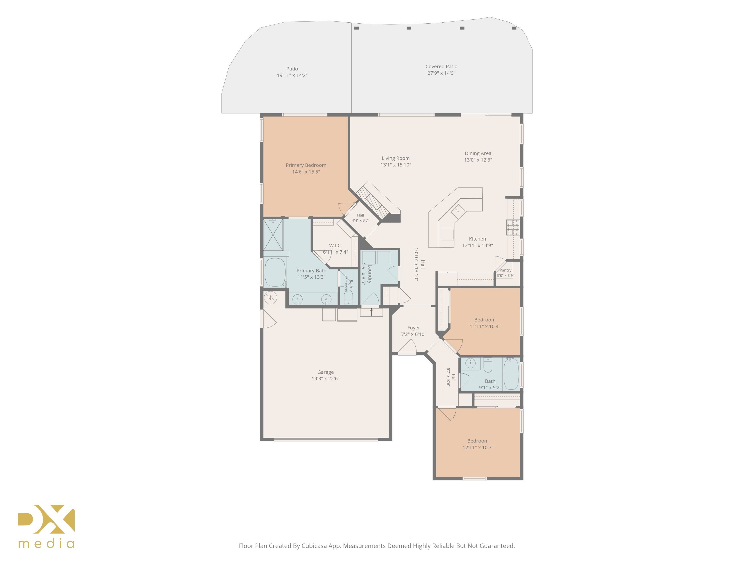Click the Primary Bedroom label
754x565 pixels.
[306, 165]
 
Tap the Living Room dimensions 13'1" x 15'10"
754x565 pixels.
[396, 165]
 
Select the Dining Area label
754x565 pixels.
[478, 153]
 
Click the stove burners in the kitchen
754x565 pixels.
[513, 228]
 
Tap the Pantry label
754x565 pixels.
[505, 270]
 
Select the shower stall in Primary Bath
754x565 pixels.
[273, 235]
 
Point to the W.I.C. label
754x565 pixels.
[336, 246]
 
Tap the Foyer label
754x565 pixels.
[413, 328]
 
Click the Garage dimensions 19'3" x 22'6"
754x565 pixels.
[325, 378]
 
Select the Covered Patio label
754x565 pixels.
[441, 66]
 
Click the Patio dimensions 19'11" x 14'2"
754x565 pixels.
[292, 75]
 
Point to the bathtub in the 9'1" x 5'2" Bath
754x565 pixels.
[511, 374]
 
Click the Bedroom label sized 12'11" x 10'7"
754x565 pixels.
[478, 441]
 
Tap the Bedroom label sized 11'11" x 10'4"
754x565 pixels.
[485, 320]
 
